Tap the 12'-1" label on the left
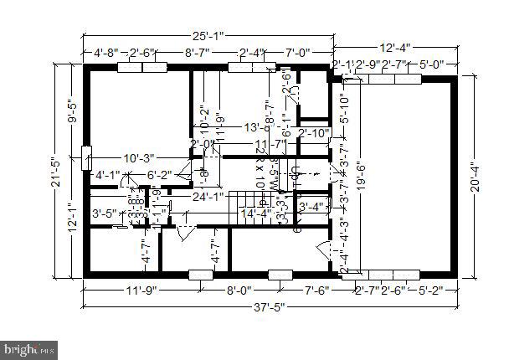(71, 220)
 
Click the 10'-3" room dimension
(141, 158)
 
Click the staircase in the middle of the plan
(250, 202)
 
